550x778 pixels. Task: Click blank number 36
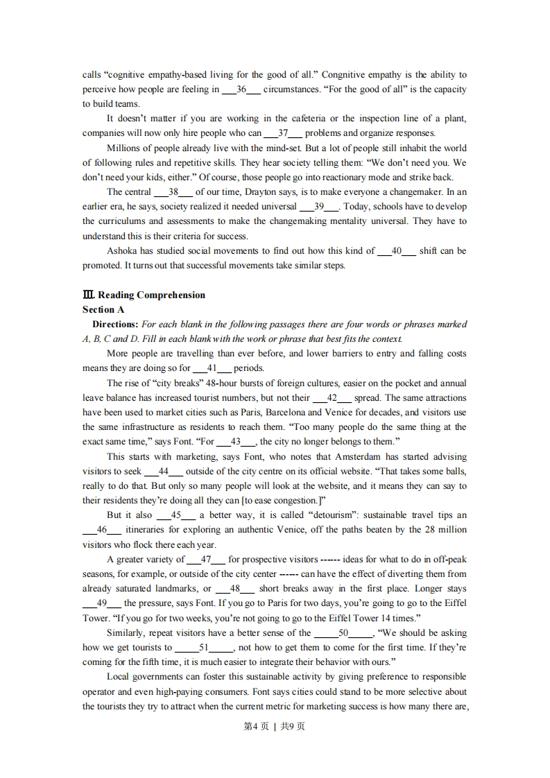[x=241, y=89]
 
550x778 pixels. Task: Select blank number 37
[x=282, y=133]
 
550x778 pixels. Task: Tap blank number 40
[x=397, y=251]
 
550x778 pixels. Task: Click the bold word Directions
[x=115, y=325]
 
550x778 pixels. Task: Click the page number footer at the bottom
[x=275, y=727]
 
